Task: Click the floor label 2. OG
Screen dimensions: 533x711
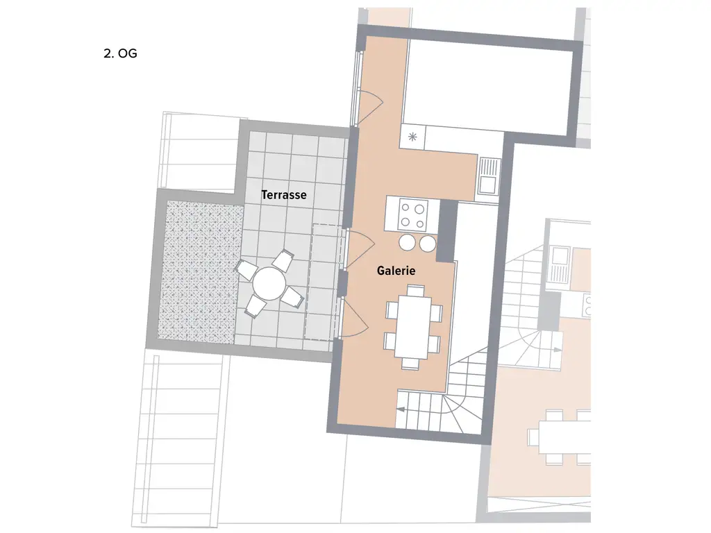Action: [120, 53]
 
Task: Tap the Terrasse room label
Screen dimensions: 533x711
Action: [283, 195]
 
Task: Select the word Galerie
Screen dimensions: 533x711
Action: [396, 271]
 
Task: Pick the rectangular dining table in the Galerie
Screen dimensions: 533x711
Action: [413, 327]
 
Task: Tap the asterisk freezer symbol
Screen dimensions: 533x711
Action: [412, 136]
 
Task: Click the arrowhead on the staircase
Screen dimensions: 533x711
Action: [401, 410]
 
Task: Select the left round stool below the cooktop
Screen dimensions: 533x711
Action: [407, 243]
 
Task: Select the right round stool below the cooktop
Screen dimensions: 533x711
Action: [427, 243]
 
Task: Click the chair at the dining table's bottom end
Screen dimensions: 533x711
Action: [410, 362]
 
